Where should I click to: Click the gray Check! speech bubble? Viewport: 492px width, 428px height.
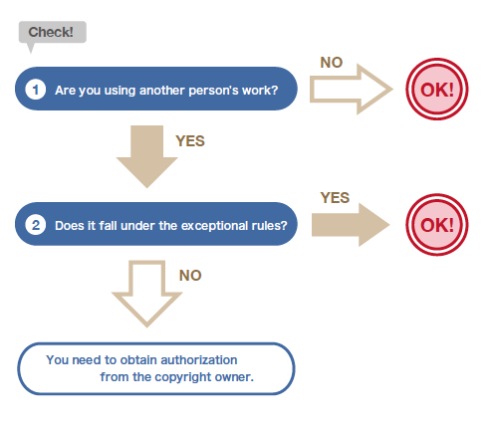[x=53, y=32]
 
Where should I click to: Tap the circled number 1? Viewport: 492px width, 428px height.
[x=36, y=90]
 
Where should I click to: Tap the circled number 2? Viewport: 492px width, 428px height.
[x=36, y=225]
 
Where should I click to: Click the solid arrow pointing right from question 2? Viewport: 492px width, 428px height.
[x=351, y=225]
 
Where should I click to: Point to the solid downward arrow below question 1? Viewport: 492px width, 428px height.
[x=146, y=156]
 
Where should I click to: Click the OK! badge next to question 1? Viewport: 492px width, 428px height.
[x=437, y=90]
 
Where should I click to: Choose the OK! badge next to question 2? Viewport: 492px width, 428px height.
[x=437, y=225]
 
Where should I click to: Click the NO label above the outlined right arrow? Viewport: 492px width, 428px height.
[x=332, y=63]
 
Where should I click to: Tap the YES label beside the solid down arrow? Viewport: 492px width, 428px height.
[x=190, y=141]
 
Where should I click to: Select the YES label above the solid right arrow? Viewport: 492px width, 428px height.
[x=335, y=198]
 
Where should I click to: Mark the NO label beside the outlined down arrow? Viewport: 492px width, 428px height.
[x=190, y=276]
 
